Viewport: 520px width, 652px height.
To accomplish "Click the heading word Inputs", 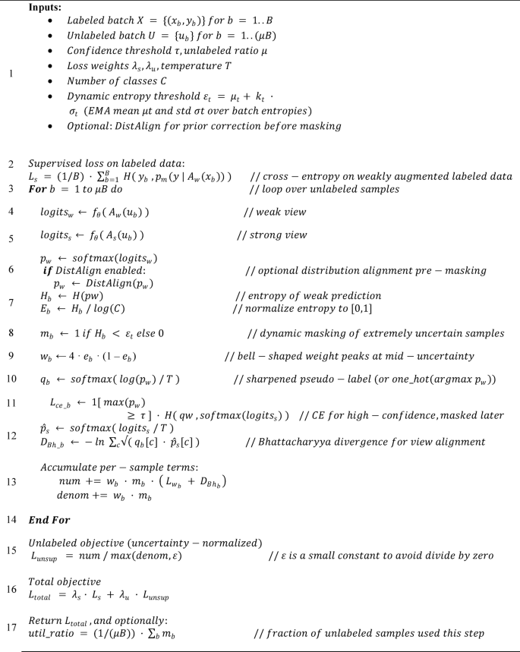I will coord(45,9).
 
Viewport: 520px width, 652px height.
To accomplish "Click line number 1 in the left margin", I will coord(10,74).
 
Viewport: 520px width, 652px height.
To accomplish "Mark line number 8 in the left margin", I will coord(10,332).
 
